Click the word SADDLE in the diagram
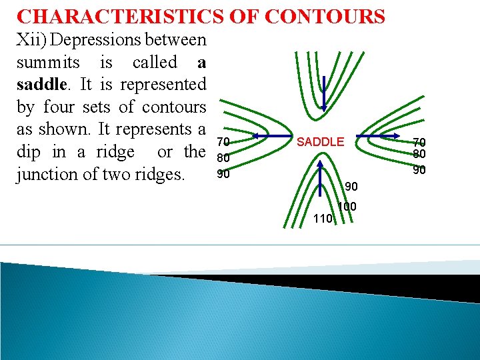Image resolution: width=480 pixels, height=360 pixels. click(x=320, y=141)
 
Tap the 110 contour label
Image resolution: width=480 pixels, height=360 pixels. click(x=323, y=217)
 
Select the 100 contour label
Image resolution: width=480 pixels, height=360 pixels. click(x=347, y=207)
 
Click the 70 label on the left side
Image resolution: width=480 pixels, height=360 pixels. click(x=224, y=141)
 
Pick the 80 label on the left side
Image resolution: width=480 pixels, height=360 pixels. click(x=224, y=159)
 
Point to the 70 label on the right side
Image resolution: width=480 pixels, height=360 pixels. click(x=419, y=141)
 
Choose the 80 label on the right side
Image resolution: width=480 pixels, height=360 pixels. click(x=419, y=155)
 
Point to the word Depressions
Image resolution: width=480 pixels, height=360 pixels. click(x=98, y=41)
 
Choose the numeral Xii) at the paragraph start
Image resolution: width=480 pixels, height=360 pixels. click(x=30, y=40)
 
